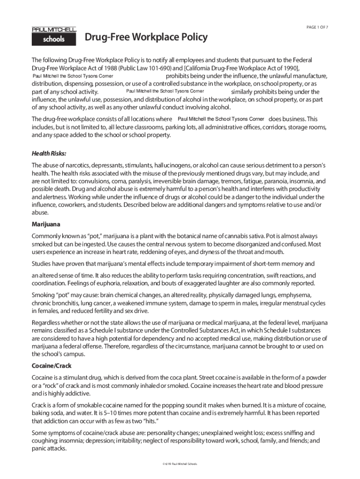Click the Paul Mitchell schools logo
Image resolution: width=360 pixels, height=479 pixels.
[54, 36]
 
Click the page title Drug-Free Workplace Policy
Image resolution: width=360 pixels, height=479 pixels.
[146, 37]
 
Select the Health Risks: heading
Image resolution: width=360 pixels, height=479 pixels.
[49, 153]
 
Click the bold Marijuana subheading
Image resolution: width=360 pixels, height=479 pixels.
[46, 224]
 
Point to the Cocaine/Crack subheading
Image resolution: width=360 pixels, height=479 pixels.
[51, 365]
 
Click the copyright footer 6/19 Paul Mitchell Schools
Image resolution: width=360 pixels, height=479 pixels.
[180, 464]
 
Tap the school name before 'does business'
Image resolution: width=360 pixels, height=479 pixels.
[221, 119]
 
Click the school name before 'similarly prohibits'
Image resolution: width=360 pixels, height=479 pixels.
[165, 91]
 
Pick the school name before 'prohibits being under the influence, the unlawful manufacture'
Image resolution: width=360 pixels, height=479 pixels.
[72, 76]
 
